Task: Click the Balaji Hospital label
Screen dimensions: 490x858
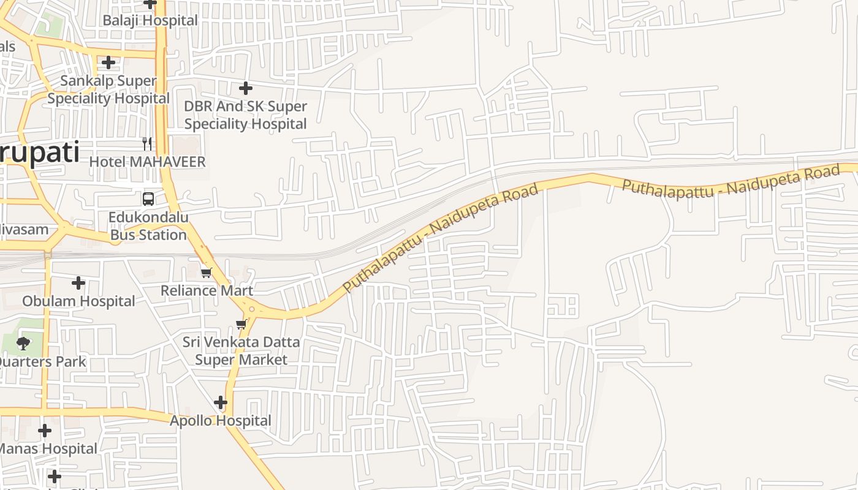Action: pyautogui.click(x=150, y=20)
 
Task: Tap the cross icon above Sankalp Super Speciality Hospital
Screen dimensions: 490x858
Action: pyautogui.click(x=108, y=62)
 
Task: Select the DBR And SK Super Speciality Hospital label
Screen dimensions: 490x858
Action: pyautogui.click(x=245, y=115)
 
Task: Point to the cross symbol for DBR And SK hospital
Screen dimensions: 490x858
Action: pyautogui.click(x=246, y=88)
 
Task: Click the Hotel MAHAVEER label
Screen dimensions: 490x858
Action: pyautogui.click(x=147, y=162)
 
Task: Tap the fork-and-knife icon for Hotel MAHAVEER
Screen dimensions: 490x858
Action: pyautogui.click(x=147, y=144)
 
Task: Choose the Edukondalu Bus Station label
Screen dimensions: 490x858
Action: pyautogui.click(x=148, y=226)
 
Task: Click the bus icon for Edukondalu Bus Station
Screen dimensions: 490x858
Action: pyautogui.click(x=148, y=198)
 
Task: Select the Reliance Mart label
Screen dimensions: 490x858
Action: pyautogui.click(x=207, y=290)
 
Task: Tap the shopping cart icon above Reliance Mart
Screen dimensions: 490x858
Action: pyautogui.click(x=207, y=273)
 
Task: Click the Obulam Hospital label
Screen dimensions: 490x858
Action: pyautogui.click(x=78, y=301)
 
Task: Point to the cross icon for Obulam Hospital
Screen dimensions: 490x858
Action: pyautogui.click(x=78, y=283)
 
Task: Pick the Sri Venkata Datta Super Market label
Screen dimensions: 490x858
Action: pyautogui.click(x=241, y=350)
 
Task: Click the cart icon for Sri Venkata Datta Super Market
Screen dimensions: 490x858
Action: pyautogui.click(x=241, y=324)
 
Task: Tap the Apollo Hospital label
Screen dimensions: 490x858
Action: pyautogui.click(x=220, y=421)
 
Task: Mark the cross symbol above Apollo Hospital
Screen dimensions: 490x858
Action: pyautogui.click(x=221, y=403)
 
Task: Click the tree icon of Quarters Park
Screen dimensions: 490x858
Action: pyautogui.click(x=23, y=343)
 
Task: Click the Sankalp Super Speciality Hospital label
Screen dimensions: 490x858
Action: pyautogui.click(x=108, y=89)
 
